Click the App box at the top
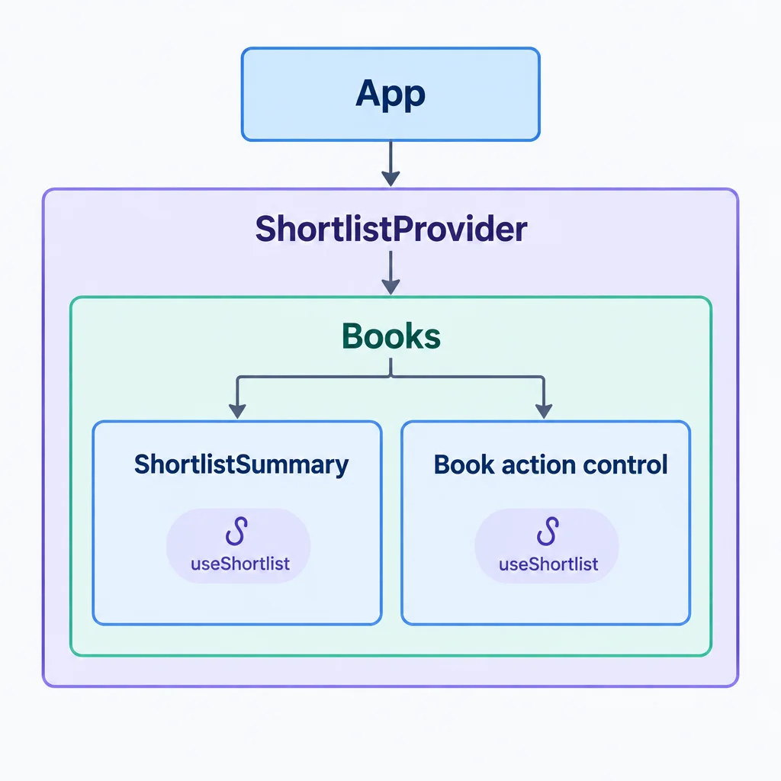click(390, 94)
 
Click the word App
click(390, 94)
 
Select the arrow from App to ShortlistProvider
click(390, 164)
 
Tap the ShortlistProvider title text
click(391, 229)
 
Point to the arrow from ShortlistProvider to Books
click(390, 273)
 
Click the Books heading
click(391, 336)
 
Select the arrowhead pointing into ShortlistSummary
click(237, 411)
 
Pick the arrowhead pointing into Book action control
click(543, 411)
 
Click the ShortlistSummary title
click(242, 464)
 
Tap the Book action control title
click(551, 464)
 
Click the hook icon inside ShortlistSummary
click(236, 531)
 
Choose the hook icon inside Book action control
click(548, 531)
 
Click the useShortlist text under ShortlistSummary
click(240, 564)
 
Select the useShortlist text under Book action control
click(548, 564)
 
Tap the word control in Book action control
click(625, 464)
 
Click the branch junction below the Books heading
click(390, 377)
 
